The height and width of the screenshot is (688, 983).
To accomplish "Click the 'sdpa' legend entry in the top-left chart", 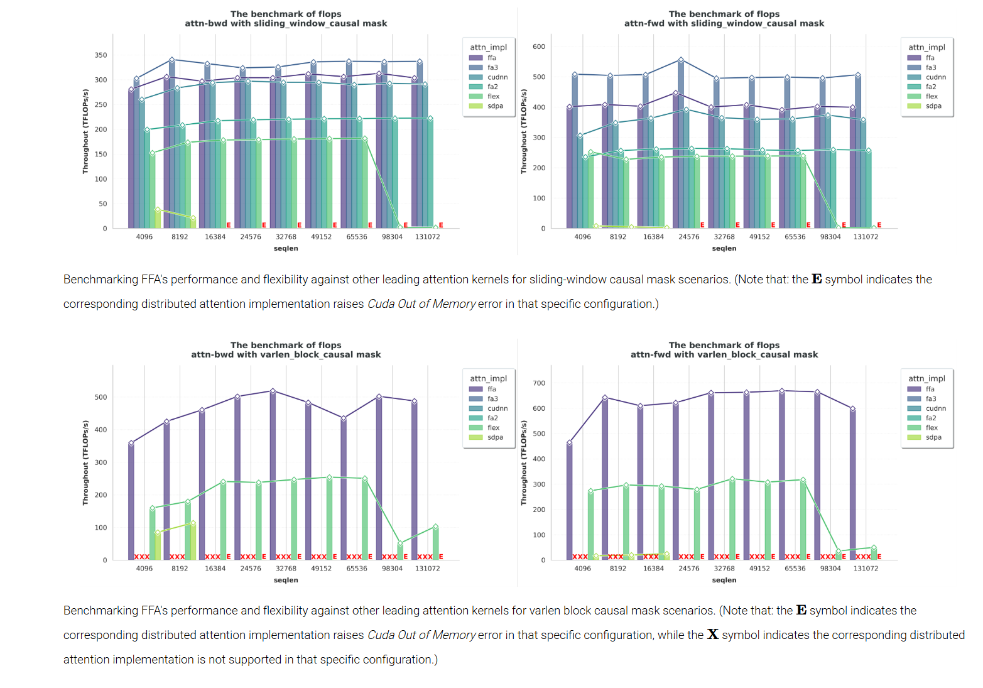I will point(495,106).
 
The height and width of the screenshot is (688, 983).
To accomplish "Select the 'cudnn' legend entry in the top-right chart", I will point(935,77).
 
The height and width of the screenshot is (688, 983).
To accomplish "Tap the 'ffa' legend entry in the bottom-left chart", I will point(491,389).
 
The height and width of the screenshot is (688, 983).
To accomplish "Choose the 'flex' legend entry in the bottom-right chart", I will point(931,428).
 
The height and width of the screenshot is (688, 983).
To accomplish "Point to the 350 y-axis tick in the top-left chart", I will point(100,55).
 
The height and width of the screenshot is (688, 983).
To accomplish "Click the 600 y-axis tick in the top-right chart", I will point(539,46).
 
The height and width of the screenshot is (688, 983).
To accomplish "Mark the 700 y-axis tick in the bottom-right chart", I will point(539,383).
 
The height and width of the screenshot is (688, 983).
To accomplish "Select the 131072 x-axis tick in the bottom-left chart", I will point(427,569).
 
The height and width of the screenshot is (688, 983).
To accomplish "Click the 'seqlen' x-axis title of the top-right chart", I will point(724,249).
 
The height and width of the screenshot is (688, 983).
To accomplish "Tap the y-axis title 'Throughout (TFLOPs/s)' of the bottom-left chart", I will point(85,463).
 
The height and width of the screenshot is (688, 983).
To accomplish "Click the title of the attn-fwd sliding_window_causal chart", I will point(724,19).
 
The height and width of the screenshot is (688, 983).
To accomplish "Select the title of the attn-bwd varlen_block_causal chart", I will point(286,350).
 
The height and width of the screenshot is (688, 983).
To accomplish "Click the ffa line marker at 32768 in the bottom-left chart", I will point(273,391).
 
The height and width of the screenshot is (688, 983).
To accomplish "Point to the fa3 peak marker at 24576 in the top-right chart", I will point(681,60).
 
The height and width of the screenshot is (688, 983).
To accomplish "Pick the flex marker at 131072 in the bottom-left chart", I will point(435,527).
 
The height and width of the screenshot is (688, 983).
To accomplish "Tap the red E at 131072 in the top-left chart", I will point(441,225).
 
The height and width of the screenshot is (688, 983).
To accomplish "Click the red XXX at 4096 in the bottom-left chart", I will point(142,557).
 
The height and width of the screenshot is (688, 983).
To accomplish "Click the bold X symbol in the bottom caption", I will point(712,635).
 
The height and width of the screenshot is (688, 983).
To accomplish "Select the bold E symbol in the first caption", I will point(817,279).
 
